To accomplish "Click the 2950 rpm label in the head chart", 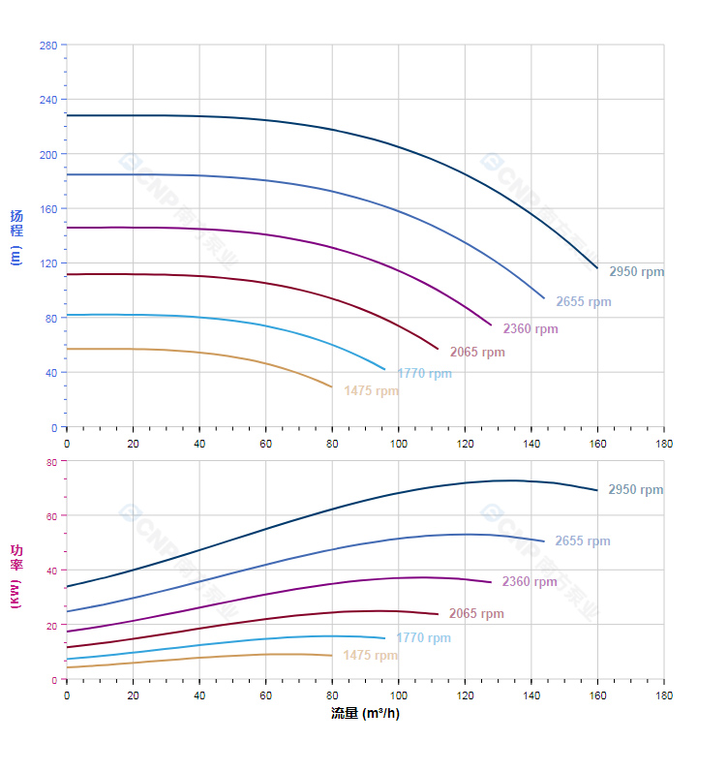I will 636,272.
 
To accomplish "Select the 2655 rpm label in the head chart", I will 583,302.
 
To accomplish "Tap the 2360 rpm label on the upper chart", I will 530,329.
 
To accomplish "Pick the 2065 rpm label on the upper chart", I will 476,353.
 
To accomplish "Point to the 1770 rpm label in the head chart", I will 423,374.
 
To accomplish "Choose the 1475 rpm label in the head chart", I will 371,391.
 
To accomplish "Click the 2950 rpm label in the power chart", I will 635,490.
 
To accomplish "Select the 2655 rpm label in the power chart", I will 582,541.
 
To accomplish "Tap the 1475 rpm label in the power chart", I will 370,656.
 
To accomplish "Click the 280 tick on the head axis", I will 47,46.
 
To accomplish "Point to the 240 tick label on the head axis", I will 47,100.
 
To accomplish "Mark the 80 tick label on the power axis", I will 51,462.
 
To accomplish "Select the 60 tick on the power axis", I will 51,516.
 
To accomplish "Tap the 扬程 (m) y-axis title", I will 15,237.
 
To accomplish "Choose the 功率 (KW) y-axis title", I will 15,575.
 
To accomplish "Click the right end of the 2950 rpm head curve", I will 597,267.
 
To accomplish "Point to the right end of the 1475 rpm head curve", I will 332,386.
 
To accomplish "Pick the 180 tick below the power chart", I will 664,695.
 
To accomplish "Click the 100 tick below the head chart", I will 399,443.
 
